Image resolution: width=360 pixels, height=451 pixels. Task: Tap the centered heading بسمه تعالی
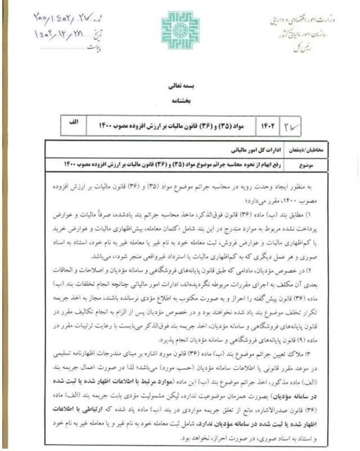point(180,88)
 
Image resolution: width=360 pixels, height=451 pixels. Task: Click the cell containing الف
point(73,122)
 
